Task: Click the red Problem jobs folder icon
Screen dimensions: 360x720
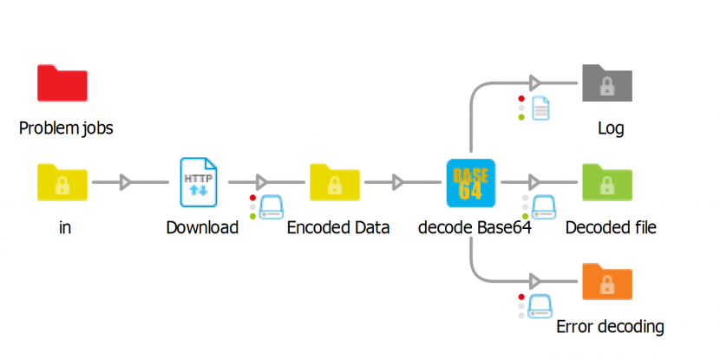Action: click(62, 84)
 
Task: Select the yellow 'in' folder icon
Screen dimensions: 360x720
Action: click(62, 182)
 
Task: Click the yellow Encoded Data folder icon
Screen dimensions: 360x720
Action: click(335, 182)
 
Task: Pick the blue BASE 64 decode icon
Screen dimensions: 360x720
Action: click(470, 182)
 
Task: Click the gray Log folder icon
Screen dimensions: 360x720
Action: click(607, 84)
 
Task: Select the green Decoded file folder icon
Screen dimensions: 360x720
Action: click(607, 182)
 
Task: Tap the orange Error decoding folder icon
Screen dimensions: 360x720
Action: click(607, 281)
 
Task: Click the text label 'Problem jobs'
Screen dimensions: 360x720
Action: click(66, 129)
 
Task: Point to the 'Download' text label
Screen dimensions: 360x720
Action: click(202, 228)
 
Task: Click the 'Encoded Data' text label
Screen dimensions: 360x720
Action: click(338, 228)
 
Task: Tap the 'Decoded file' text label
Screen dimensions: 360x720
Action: click(611, 228)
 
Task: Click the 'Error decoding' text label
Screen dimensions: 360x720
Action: click(610, 327)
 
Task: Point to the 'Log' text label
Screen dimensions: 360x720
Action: click(611, 129)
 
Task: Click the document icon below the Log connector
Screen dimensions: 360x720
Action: click(540, 108)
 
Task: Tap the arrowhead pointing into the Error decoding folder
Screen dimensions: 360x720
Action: click(535, 281)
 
